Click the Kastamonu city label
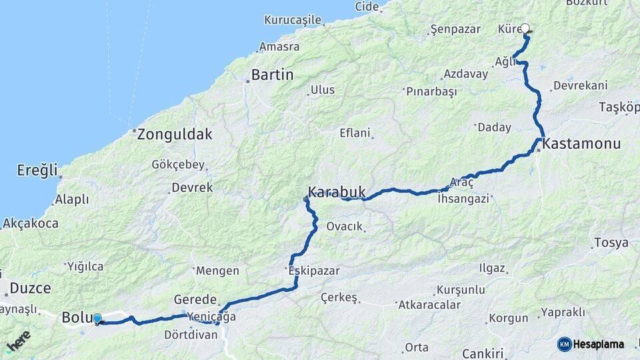click(x=582, y=143)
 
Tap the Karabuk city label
click(x=337, y=193)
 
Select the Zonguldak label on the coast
click(x=175, y=134)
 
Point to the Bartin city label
click(x=272, y=75)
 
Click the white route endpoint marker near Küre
click(x=525, y=29)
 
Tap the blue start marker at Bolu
click(x=97, y=319)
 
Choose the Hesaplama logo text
click(x=599, y=344)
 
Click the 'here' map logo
click(x=18, y=340)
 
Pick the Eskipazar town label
click(x=314, y=271)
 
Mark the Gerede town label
click(x=195, y=299)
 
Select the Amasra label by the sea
click(x=279, y=47)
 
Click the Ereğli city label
click(x=37, y=170)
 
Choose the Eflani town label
click(x=355, y=133)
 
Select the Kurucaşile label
click(x=293, y=20)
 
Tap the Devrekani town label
click(x=580, y=85)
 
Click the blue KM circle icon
click(x=564, y=344)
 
